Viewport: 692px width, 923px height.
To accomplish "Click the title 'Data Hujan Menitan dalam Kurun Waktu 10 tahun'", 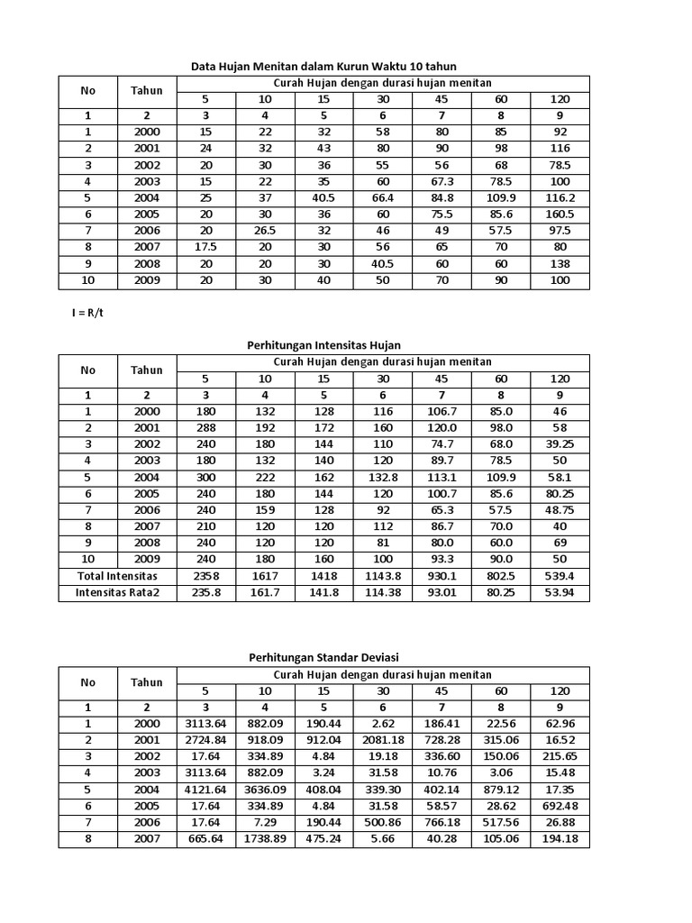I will pyautogui.click(x=323, y=66).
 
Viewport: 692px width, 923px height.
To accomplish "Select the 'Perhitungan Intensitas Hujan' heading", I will pyautogui.click(x=323, y=345).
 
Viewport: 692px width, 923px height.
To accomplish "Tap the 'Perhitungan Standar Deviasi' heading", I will pyautogui.click(x=323, y=657).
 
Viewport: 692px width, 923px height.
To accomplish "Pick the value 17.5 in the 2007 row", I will pyautogui.click(x=206, y=247).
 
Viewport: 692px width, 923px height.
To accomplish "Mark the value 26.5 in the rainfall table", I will pyautogui.click(x=266, y=230).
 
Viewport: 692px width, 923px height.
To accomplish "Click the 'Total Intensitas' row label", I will pyautogui.click(x=117, y=575).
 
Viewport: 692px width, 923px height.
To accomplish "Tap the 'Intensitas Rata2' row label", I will pyautogui.click(x=117, y=592).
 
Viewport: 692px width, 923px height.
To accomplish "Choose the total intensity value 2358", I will pyautogui.click(x=206, y=575).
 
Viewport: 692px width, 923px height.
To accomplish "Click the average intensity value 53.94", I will pyautogui.click(x=560, y=592).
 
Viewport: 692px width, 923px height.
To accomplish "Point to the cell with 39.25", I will pyautogui.click(x=560, y=444).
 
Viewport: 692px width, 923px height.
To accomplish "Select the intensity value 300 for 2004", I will pyautogui.click(x=206, y=477).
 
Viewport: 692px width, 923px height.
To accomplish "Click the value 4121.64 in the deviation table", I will pyautogui.click(x=206, y=790).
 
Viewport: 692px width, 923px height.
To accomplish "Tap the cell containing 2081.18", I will pyautogui.click(x=383, y=740).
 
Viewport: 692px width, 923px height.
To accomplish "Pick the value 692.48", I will pyautogui.click(x=560, y=806).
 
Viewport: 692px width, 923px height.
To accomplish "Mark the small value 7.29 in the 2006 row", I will pyautogui.click(x=266, y=822).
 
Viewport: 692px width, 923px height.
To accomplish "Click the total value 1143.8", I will pyautogui.click(x=383, y=575).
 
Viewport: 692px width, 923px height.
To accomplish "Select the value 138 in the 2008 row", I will pyautogui.click(x=560, y=263).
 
